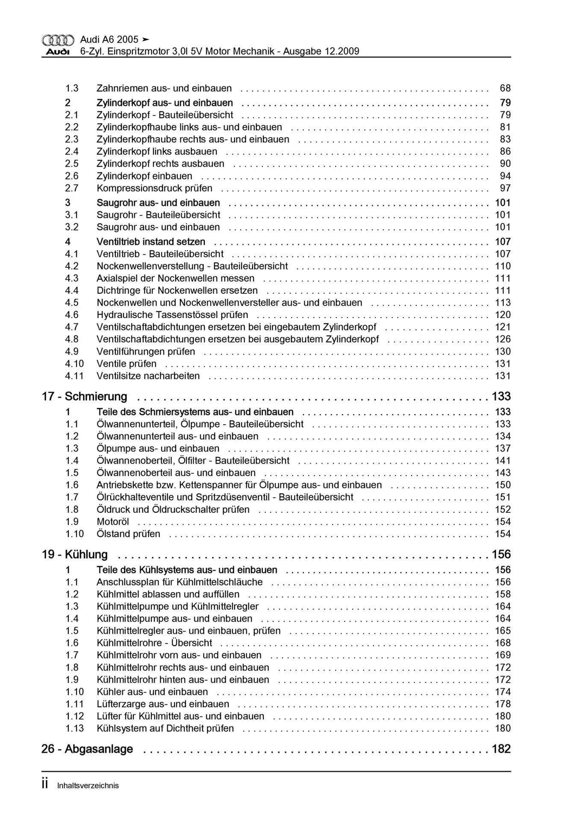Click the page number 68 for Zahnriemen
[505, 88]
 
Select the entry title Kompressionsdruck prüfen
[154, 188]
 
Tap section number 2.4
[72, 151]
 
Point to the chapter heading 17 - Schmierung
[84, 396]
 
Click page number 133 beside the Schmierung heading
[501, 396]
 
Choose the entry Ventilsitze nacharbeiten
[148, 376]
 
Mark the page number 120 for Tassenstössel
[503, 315]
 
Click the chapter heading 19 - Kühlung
[74, 554]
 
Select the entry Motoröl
[113, 522]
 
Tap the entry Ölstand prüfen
[128, 534]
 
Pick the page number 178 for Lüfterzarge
[503, 704]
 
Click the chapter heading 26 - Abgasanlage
[87, 749]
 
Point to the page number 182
[501, 749]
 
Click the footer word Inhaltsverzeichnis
[88, 786]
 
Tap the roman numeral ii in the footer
[45, 784]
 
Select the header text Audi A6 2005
[109, 39]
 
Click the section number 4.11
[74, 376]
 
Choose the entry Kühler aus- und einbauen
[152, 692]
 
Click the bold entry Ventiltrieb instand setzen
[151, 242]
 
